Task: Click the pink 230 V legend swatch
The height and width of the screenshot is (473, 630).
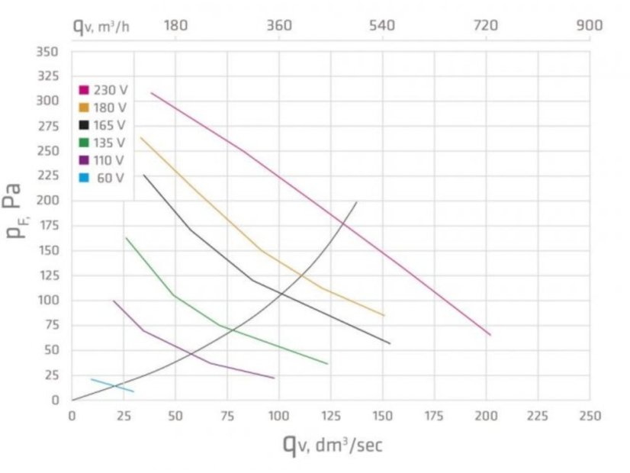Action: pos(84,90)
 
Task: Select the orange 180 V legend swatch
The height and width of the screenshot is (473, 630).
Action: pos(84,108)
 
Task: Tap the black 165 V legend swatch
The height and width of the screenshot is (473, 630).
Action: pos(84,125)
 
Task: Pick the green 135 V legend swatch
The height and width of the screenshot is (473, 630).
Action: pos(84,142)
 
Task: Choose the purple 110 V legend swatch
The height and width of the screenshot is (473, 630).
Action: pos(84,159)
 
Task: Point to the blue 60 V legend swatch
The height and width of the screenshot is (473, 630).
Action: pos(84,177)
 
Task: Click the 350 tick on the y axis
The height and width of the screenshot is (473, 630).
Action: pos(49,52)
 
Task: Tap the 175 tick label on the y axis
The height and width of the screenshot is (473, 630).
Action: pos(49,226)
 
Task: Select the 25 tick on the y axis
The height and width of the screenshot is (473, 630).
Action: pos(52,375)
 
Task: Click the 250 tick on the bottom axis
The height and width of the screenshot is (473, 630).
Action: pos(590,416)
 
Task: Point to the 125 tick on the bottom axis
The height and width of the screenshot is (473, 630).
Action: pos(330,416)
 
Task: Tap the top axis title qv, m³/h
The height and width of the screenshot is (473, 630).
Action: pos(101,26)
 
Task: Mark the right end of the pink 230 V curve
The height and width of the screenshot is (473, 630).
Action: pos(490,335)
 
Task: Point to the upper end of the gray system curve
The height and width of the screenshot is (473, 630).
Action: pos(356,202)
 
